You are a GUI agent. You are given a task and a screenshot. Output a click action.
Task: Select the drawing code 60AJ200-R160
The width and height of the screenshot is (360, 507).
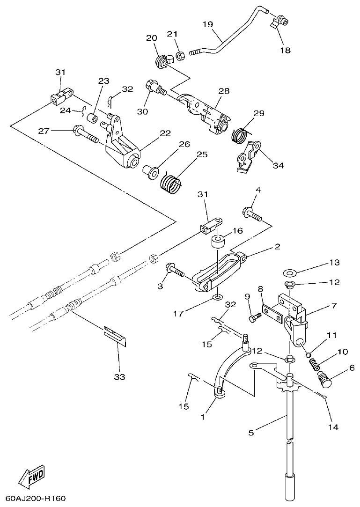pyautogui.click(x=36, y=498)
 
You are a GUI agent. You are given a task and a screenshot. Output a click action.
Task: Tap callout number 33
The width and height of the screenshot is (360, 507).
pyautogui.click(x=119, y=376)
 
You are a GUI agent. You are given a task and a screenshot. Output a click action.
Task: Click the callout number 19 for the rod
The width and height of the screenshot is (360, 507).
pyautogui.click(x=208, y=24)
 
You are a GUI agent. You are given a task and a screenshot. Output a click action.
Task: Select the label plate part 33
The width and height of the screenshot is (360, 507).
pyautogui.click(x=116, y=334)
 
